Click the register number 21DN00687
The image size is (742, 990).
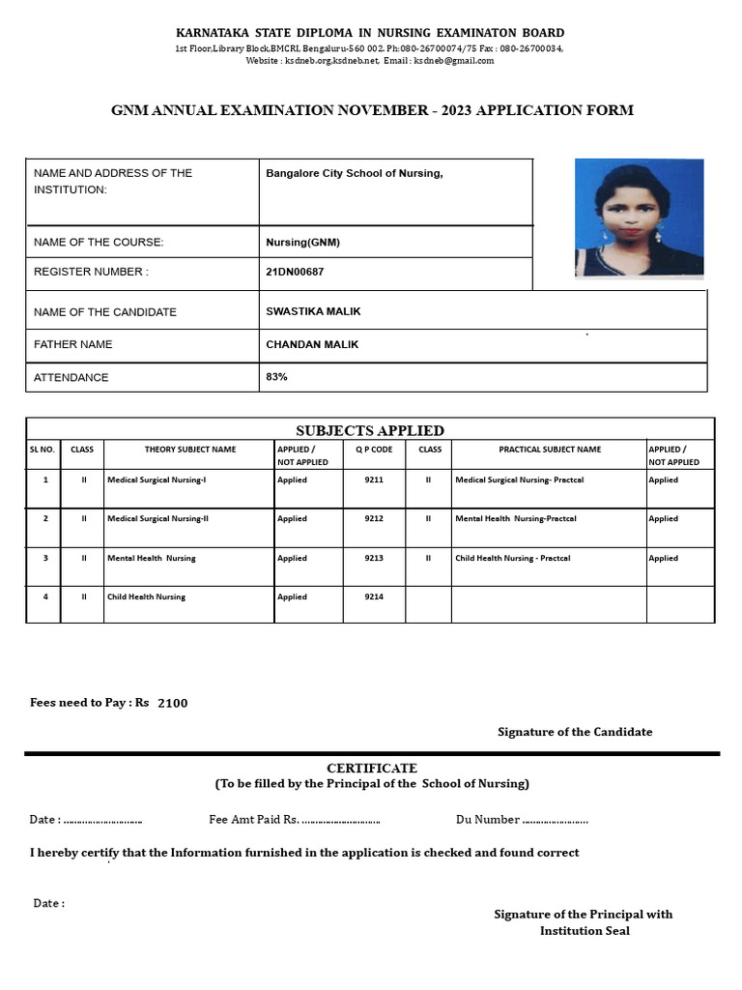(295, 273)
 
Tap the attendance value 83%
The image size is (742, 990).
(276, 376)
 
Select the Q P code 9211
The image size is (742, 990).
(374, 480)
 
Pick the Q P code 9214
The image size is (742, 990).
(374, 597)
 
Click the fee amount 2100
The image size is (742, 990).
(172, 703)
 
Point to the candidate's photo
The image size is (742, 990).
(639, 218)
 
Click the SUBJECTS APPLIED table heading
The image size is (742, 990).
(369, 430)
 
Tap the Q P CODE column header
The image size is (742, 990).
(374, 450)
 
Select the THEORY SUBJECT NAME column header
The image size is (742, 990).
(190, 450)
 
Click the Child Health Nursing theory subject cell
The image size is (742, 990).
(146, 597)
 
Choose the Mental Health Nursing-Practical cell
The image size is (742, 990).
(515, 518)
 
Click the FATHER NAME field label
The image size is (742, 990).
(72, 344)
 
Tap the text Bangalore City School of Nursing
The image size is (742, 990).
(354, 174)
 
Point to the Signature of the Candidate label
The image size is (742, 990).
(575, 732)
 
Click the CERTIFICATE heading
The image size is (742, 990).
(371, 768)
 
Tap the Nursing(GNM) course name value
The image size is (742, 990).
(302, 242)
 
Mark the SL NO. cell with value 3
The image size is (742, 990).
(44, 558)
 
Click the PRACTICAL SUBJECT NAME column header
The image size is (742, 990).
(549, 450)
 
